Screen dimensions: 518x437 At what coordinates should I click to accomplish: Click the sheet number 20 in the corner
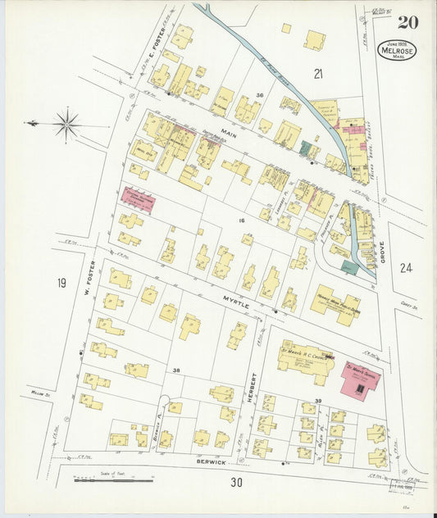pyautogui.click(x=407, y=22)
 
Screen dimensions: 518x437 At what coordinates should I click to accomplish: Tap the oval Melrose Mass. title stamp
pyautogui.click(x=397, y=51)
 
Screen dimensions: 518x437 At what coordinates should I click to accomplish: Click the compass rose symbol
pyautogui.click(x=66, y=125)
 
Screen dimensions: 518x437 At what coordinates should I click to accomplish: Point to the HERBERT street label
pyautogui.click(x=253, y=388)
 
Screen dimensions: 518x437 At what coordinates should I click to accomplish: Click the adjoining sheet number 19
pyautogui.click(x=61, y=283)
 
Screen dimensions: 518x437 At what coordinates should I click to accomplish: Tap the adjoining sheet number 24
pyautogui.click(x=406, y=267)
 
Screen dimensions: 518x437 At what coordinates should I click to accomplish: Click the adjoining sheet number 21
pyautogui.click(x=318, y=75)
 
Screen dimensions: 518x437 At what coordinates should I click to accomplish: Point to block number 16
pyautogui.click(x=242, y=221)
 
